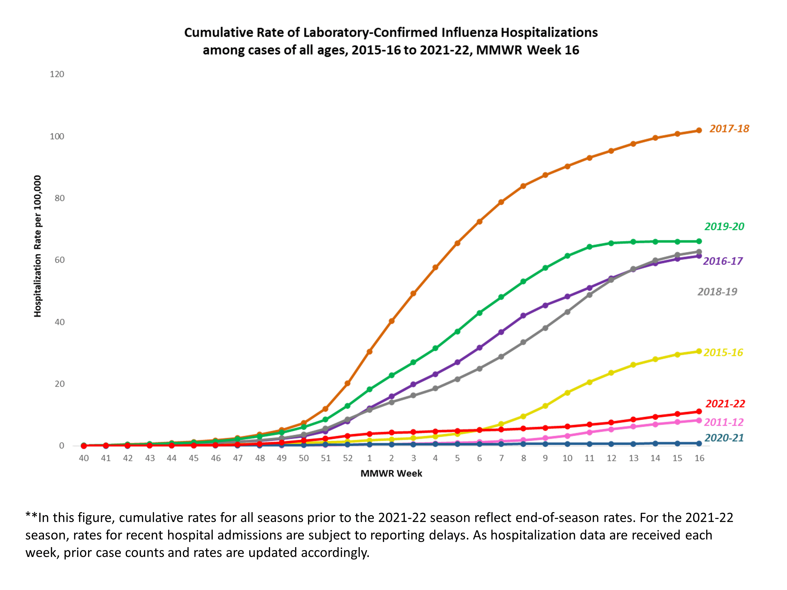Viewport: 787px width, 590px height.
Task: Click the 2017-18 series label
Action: pyautogui.click(x=729, y=129)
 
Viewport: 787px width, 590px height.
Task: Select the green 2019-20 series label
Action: pyautogui.click(x=724, y=226)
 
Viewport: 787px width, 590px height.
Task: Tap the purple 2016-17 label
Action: pyautogui.click(x=723, y=261)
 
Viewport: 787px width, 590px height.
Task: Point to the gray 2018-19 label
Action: pyautogui.click(x=717, y=292)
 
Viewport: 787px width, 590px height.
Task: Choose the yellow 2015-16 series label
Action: pyautogui.click(x=723, y=352)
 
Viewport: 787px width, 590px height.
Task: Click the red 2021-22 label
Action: pyautogui.click(x=725, y=404)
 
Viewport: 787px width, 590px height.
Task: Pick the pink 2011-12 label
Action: pyautogui.click(x=723, y=422)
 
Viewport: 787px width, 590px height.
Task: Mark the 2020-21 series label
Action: pyautogui.click(x=724, y=438)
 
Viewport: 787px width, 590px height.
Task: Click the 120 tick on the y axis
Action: pyautogui.click(x=57, y=74)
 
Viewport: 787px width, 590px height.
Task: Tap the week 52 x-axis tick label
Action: pyautogui.click(x=348, y=458)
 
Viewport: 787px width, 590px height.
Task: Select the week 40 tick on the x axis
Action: pyautogui.click(x=84, y=458)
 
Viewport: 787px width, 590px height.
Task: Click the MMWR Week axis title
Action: pyautogui.click(x=391, y=473)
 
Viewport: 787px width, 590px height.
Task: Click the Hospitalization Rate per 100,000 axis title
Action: pyautogui.click(x=38, y=246)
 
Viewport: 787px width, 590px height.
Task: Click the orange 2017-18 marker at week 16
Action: pyautogui.click(x=699, y=131)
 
